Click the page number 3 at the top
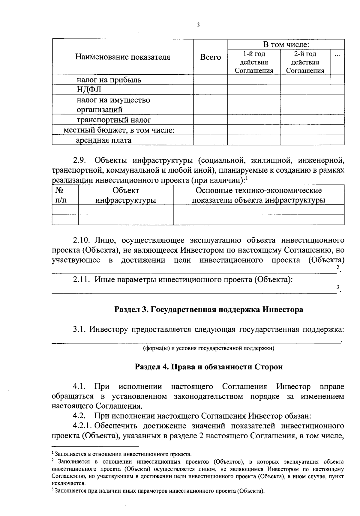[x=198, y=25]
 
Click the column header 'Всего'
[x=210, y=57]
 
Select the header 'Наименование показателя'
[x=123, y=57]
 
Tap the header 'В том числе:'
[x=286, y=45]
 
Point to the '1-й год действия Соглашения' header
[x=254, y=62]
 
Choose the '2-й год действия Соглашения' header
[x=305, y=62]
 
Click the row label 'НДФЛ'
[x=89, y=89]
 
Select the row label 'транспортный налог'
[x=114, y=120]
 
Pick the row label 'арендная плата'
[x=103, y=140]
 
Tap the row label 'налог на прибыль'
[x=109, y=80]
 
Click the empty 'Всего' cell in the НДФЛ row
[x=210, y=89]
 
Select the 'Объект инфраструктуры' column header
[x=126, y=195]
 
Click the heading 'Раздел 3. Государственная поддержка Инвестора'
[x=208, y=309]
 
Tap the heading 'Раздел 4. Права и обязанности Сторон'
[x=208, y=367]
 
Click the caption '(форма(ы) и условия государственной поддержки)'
[x=208, y=348]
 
